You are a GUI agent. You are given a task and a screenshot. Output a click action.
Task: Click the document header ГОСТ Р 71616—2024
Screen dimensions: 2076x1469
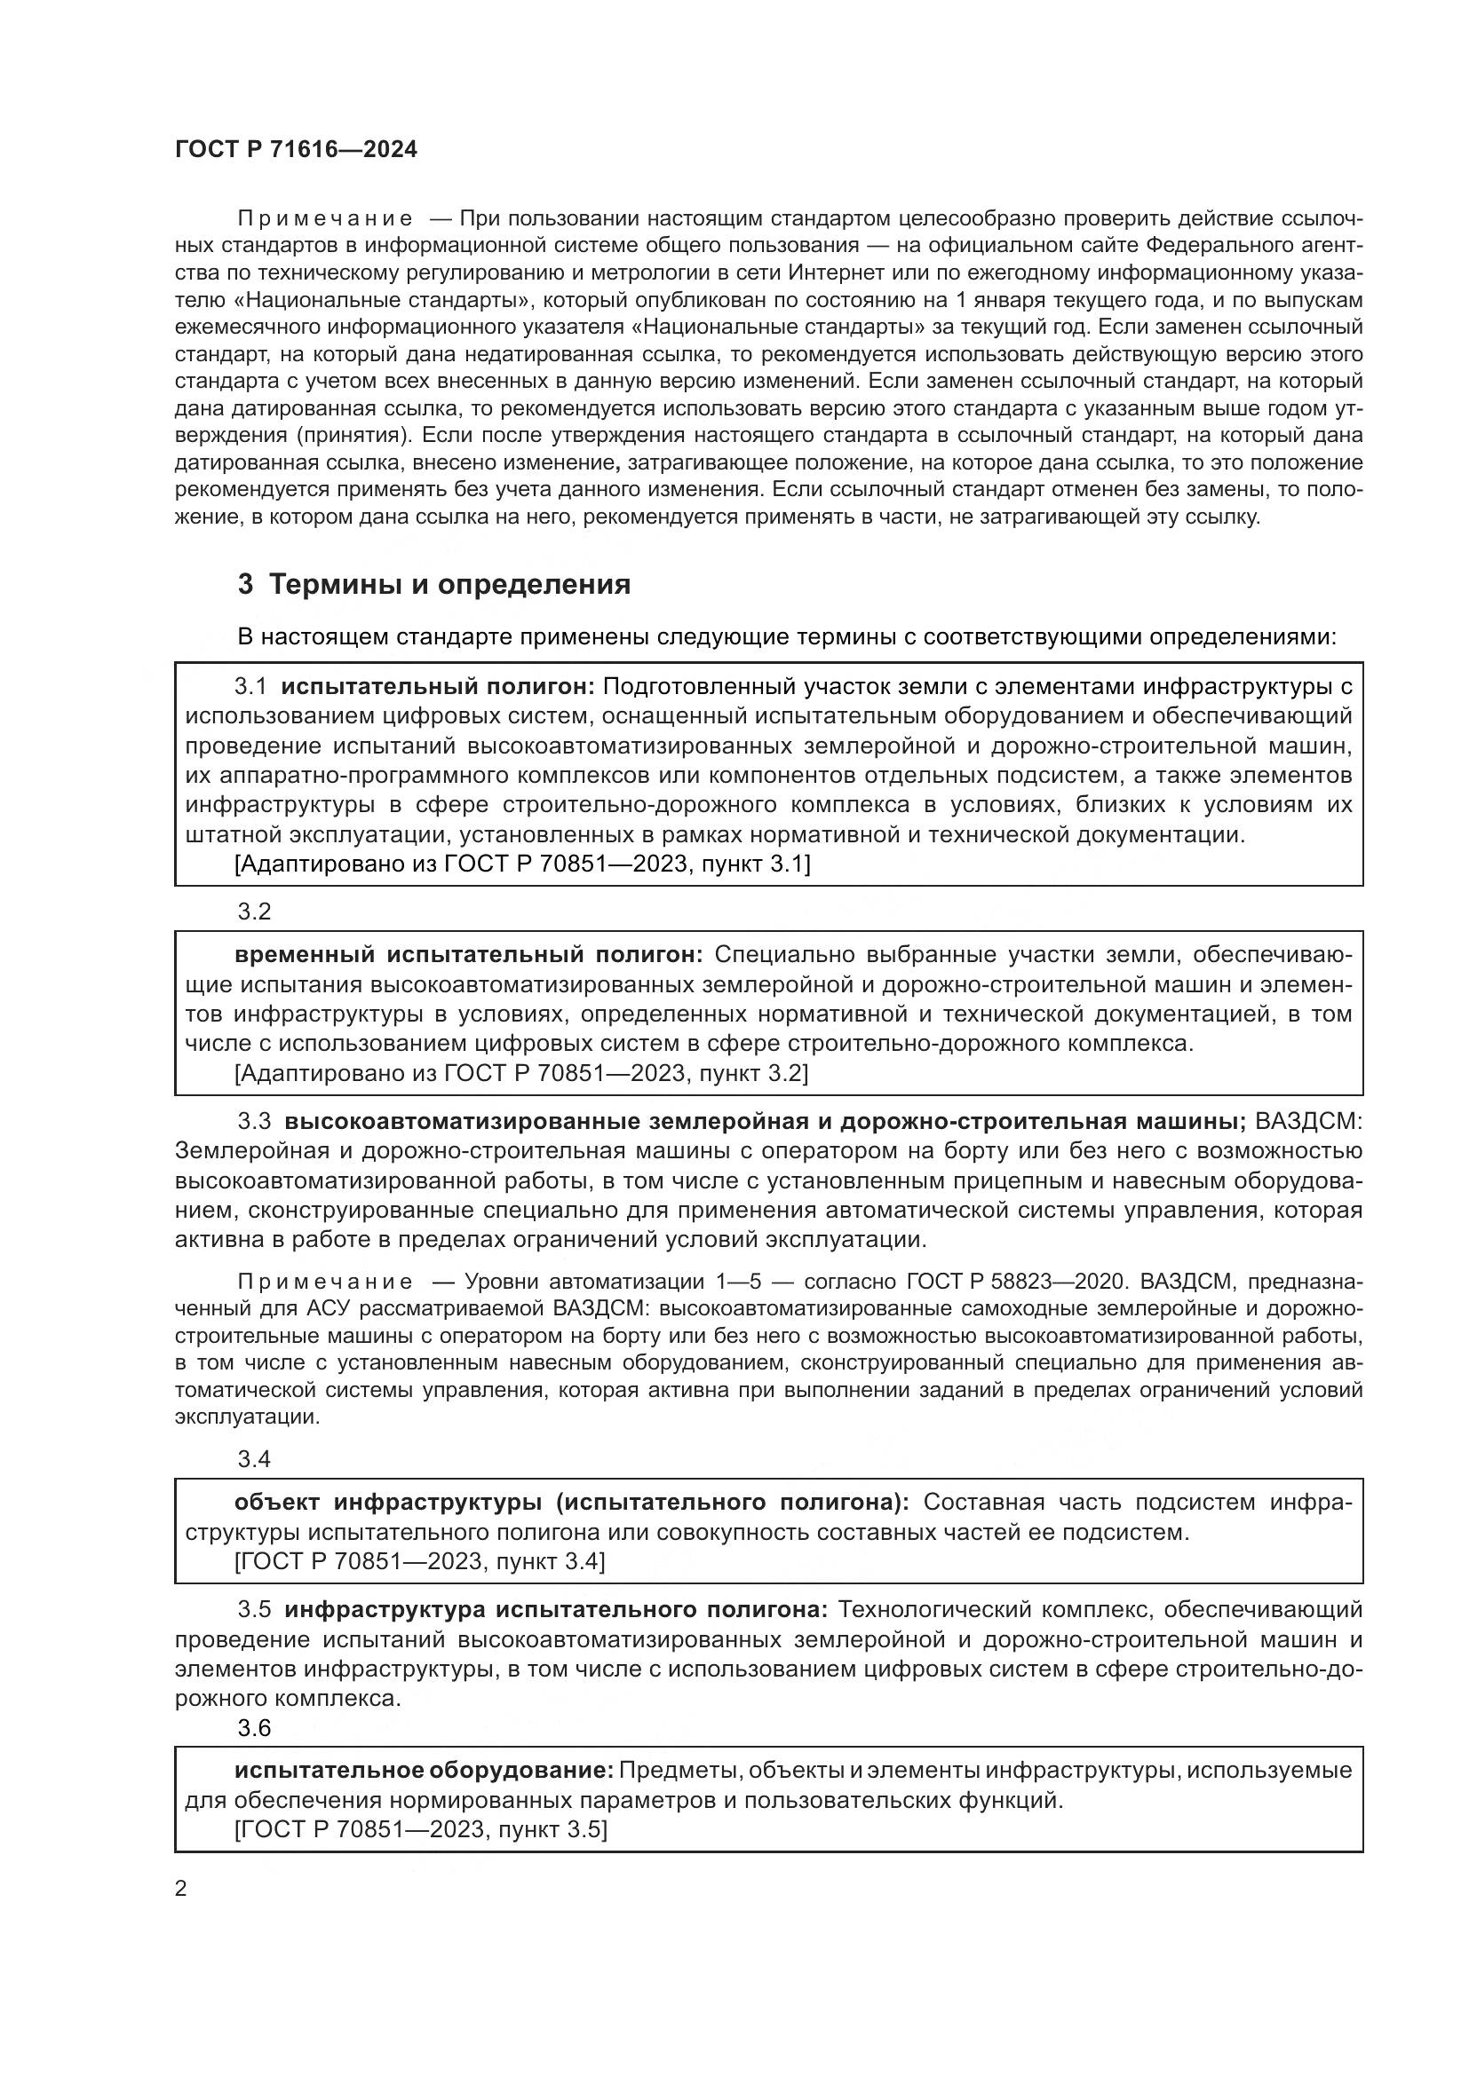[x=296, y=150]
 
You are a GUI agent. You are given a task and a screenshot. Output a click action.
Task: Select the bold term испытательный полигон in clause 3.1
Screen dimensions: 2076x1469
[x=438, y=686]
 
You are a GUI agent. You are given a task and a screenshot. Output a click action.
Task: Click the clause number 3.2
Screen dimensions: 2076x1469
[x=254, y=912]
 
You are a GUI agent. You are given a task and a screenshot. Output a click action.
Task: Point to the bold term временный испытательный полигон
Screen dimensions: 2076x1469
[x=469, y=955]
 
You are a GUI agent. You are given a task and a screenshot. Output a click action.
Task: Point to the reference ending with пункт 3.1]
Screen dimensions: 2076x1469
[x=522, y=864]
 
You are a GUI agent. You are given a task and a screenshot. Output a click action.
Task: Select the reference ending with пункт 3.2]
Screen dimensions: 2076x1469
[x=522, y=1073]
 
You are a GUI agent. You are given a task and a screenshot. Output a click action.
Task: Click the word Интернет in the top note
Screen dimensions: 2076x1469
[x=831, y=273]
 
